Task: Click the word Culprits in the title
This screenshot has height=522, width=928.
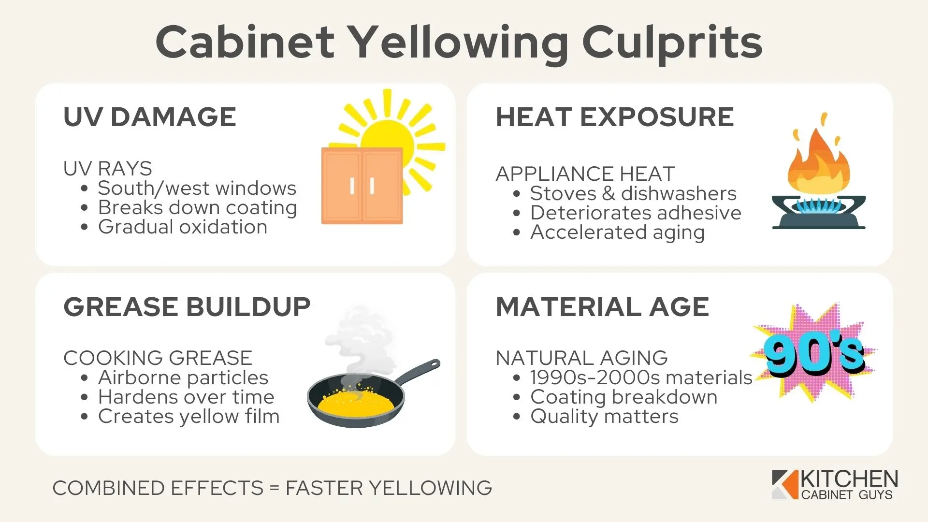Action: coord(672,43)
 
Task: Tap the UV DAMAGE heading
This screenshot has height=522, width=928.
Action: coord(150,117)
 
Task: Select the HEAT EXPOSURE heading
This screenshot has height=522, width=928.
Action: coord(615,117)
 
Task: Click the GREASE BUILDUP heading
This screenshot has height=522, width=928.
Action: coord(187,307)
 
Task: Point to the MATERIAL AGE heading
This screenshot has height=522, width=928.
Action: coord(602,307)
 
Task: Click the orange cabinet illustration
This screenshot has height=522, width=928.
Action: coord(362,186)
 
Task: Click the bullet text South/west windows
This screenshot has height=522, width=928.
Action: coord(197,188)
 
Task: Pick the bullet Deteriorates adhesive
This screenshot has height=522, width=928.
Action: coord(636,213)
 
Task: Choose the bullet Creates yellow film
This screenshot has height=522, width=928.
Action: coord(188,416)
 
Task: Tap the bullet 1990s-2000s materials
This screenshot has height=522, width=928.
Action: coord(641,377)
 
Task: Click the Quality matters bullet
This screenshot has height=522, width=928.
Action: coord(604,416)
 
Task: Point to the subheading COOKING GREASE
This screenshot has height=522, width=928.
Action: coord(158,358)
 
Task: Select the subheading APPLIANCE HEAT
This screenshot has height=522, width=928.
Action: coord(585,174)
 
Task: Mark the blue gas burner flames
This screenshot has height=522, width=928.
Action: coord(818,206)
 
